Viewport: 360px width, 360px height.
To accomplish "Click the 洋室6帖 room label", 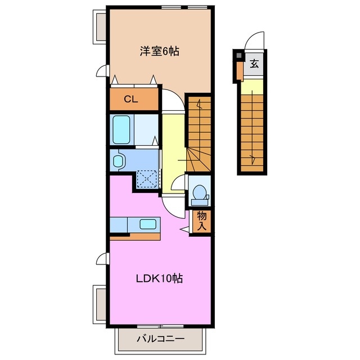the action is point(160,51).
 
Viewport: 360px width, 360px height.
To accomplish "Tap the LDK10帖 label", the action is point(159,278).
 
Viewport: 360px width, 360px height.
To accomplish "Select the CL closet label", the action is point(131,99).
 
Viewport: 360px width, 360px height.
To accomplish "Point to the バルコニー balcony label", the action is point(160,339).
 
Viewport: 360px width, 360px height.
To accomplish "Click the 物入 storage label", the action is point(202,221).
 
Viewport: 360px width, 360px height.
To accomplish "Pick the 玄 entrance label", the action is point(254,64).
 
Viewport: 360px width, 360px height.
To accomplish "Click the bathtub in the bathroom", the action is point(121,129).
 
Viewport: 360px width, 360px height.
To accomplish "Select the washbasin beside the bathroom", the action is point(118,160).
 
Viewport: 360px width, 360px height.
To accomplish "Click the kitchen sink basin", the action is point(148,224).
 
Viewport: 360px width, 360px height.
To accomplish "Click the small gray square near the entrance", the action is point(239,55).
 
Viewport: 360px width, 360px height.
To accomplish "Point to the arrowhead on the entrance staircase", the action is point(253,158).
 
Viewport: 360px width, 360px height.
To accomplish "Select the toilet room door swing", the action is point(178,182).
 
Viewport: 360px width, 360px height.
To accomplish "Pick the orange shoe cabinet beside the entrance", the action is point(240,71).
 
